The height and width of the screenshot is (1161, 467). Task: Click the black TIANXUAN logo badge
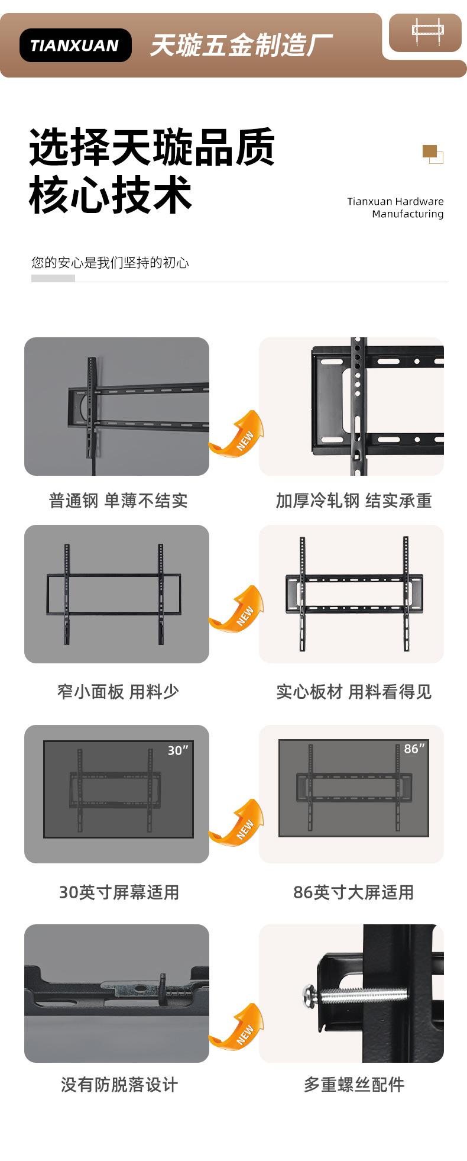75,46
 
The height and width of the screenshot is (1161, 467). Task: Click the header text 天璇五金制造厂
241,46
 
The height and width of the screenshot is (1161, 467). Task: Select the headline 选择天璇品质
152,147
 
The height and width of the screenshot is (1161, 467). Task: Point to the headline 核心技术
111,195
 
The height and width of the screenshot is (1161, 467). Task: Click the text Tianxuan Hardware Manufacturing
395,208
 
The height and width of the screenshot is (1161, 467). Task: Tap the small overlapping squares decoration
433,154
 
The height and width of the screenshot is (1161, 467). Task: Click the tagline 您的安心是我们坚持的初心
110,263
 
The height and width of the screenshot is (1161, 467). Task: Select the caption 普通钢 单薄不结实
118,501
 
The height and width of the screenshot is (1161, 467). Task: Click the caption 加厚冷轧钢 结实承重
354,501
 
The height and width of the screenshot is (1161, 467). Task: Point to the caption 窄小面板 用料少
118,691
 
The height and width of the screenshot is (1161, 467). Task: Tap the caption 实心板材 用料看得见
354,691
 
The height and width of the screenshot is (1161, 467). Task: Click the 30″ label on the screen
177,750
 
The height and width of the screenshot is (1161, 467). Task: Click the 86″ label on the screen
414,749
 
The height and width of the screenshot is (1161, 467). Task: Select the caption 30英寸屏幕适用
119,892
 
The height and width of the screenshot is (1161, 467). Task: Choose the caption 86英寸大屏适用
354,892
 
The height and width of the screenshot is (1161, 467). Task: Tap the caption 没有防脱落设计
119,1085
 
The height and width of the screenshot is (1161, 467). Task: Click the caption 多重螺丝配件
354,1085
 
